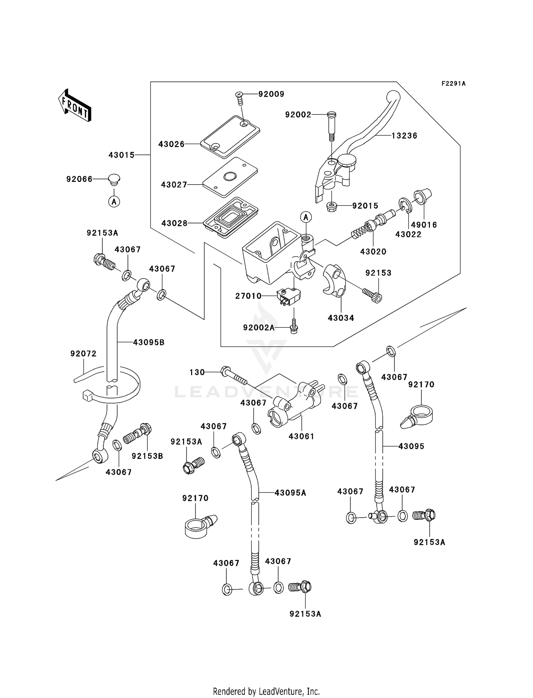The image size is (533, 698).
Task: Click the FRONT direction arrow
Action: [x=75, y=105]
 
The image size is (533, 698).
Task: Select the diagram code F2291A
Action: [x=453, y=84]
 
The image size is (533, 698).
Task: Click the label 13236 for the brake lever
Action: [x=404, y=136]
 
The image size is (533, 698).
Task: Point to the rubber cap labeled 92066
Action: [x=114, y=179]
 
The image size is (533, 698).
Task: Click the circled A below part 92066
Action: [x=114, y=202]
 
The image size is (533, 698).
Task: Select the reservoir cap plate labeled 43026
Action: [x=229, y=137]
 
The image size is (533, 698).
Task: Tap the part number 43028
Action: [x=174, y=223]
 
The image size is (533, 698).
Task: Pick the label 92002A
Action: [x=259, y=328]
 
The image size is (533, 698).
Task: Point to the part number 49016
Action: [x=424, y=225]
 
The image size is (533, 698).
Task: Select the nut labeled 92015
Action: [x=331, y=206]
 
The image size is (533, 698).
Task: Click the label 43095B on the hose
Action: [x=149, y=342]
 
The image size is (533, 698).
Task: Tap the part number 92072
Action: [x=83, y=354]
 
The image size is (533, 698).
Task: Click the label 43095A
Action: [x=290, y=493]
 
